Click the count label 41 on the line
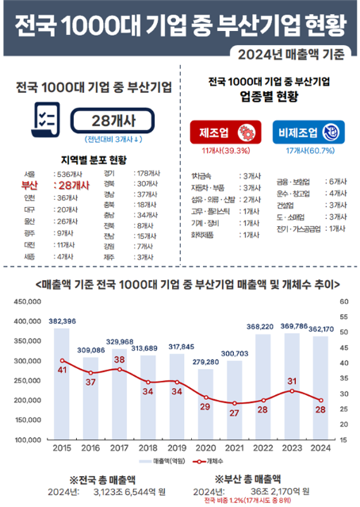62,370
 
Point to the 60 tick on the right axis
343,302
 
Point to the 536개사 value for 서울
71,173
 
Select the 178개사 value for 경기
151,173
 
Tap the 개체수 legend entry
206,461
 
